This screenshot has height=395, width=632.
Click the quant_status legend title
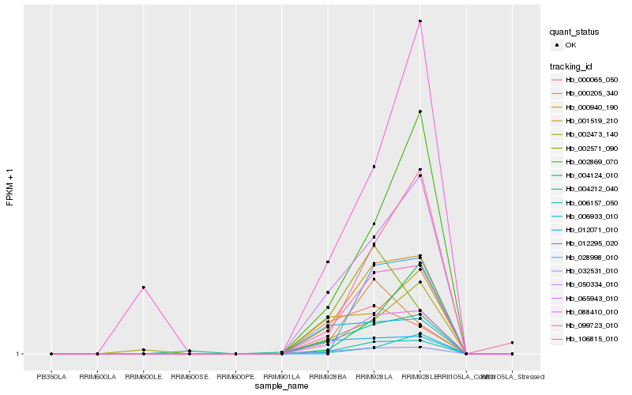(574, 32)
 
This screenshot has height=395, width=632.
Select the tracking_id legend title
(573, 66)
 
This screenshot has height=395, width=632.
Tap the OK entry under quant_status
(571, 45)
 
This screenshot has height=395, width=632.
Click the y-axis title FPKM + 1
(9, 187)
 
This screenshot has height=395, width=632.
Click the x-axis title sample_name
(281, 386)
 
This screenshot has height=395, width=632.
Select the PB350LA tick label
(51, 377)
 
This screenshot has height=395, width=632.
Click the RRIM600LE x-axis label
(143, 377)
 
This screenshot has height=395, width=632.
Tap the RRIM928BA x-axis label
(328, 377)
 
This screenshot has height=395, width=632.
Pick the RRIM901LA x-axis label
(282, 377)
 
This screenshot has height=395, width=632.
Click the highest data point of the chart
(420, 21)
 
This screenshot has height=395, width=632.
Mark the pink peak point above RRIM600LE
(143, 288)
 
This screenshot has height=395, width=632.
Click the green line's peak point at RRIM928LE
(420, 111)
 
